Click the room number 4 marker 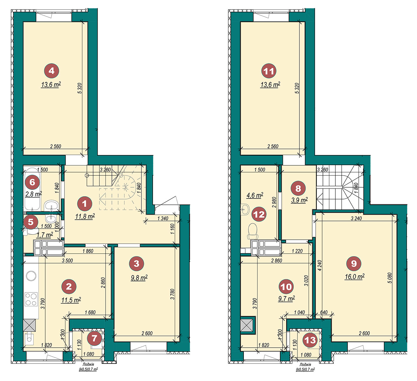click(51, 71)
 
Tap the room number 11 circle click(269, 71)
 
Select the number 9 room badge click(354, 264)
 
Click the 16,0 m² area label click(355, 277)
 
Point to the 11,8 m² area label click(85, 216)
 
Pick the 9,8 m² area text click(139, 278)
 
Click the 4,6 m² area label click(255, 195)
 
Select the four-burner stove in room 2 click(31, 299)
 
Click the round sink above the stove click(31, 276)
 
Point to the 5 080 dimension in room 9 click(389, 278)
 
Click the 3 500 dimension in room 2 click(67, 261)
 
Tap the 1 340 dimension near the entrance click(163, 218)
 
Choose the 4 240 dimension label click(319, 265)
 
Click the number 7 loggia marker click(94, 338)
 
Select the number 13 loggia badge click(310, 340)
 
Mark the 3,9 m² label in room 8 click(299, 200)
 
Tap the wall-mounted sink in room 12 click(245, 208)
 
